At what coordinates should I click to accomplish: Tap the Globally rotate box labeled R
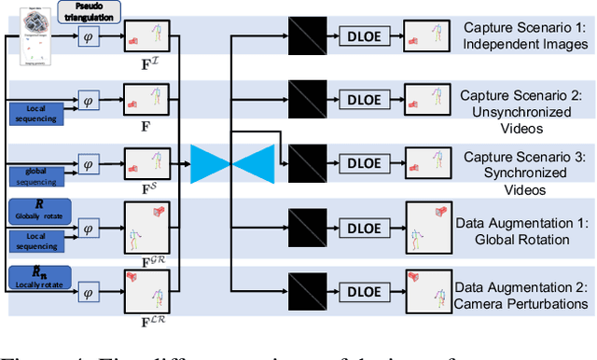tap(37, 208)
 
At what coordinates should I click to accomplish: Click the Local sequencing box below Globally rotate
tap(37, 241)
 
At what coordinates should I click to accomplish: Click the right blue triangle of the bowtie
tap(250, 163)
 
